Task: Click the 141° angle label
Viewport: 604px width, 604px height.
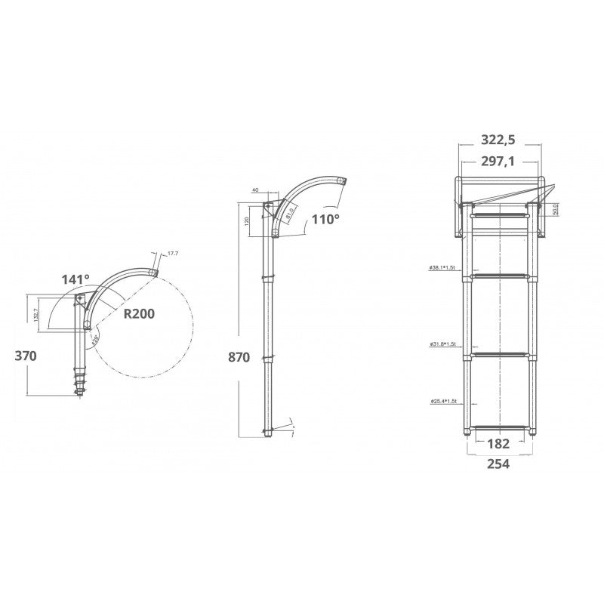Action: [75, 279]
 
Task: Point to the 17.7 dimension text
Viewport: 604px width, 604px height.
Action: [173, 254]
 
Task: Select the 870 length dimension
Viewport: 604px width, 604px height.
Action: [238, 357]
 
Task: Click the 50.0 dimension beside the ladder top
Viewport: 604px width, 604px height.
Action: [556, 210]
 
